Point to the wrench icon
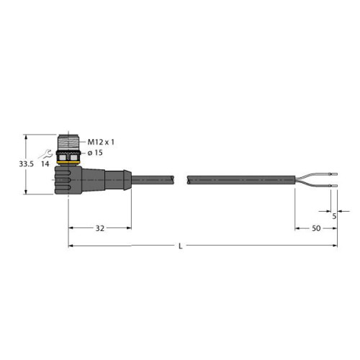click(x=46, y=153)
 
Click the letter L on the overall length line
click(x=179, y=246)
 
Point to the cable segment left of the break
click(x=155, y=178)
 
